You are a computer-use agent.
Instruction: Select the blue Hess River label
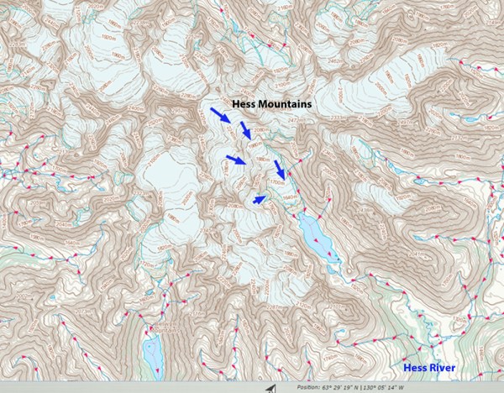(x=428, y=368)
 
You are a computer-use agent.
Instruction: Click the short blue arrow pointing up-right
(x=260, y=199)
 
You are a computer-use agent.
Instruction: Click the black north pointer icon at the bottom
(x=270, y=388)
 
